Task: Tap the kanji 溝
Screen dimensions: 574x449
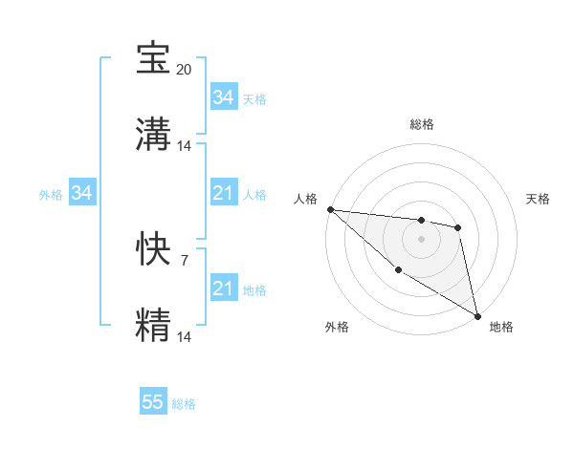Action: click(153, 134)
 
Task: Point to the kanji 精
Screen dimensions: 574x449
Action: click(153, 324)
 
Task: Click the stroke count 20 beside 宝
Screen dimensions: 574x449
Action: click(185, 70)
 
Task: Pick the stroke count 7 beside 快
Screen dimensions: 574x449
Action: click(184, 260)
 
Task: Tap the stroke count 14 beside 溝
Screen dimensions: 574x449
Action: click(185, 146)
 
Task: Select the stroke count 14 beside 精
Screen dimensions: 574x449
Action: click(185, 336)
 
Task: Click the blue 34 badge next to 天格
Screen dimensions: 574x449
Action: click(223, 97)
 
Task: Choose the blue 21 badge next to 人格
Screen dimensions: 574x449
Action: click(223, 194)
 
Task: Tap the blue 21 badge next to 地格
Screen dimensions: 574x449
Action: click(223, 289)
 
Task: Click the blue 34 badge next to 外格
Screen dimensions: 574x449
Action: click(82, 194)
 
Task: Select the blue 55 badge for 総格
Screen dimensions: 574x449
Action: click(153, 402)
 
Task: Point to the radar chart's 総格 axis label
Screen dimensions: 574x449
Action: click(422, 124)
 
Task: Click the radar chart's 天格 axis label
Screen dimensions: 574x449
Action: click(539, 199)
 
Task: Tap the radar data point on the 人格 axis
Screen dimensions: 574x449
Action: click(330, 209)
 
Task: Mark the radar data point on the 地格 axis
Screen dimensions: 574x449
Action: click(477, 315)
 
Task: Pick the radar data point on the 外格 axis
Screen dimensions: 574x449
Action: click(398, 270)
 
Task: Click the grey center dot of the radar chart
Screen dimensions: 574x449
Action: click(421, 239)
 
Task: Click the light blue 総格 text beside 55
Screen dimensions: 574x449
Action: click(184, 404)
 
